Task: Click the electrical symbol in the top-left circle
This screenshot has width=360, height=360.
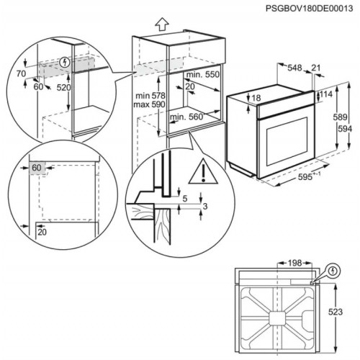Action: [68, 62]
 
